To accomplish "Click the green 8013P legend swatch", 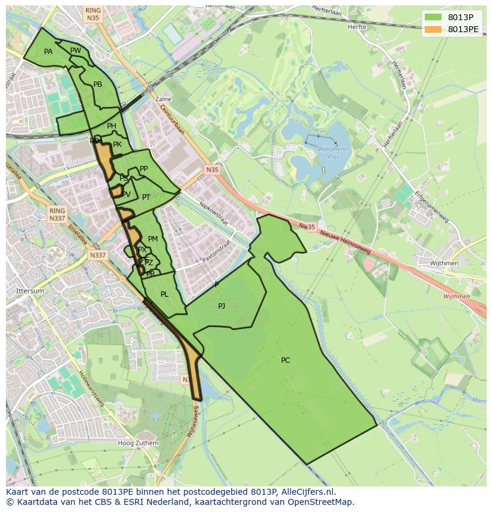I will point(433,17).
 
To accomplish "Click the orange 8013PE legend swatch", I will point(433,29).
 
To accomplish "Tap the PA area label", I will point(48,52).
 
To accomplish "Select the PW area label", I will point(75,51).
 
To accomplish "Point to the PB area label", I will point(98,84).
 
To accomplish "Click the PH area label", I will point(112,126).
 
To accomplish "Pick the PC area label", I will point(286,360).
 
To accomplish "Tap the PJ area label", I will point(222,306).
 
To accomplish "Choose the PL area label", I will point(165,294).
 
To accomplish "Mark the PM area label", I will point(153,239).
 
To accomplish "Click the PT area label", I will point(146,197).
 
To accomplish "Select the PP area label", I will point(144,169).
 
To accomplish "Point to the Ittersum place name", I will point(30,291).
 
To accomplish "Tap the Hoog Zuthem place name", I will point(138,443).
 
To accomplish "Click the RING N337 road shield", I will point(57,215).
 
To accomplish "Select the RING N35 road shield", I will point(93,14).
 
